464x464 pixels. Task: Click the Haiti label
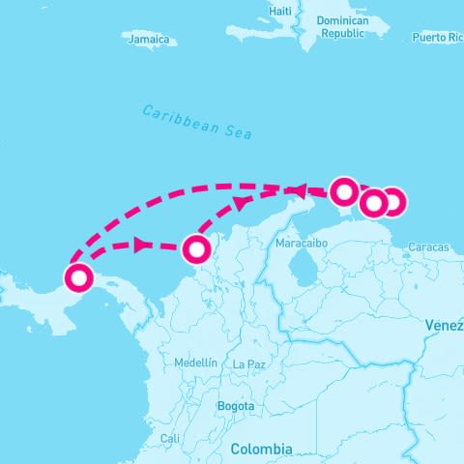280,11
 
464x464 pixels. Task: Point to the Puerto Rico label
437,37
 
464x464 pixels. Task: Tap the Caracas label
428,247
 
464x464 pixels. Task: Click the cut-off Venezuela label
445,326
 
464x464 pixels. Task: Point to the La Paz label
248,363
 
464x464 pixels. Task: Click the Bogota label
236,406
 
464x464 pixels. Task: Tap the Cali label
170,438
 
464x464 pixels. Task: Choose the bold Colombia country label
261,449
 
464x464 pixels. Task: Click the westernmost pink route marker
78,279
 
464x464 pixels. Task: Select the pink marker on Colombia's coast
196,249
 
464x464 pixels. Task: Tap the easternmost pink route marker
392,203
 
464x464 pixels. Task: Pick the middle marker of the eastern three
373,204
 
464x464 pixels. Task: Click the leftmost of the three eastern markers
344,191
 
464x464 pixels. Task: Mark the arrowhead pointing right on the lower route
143,246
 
